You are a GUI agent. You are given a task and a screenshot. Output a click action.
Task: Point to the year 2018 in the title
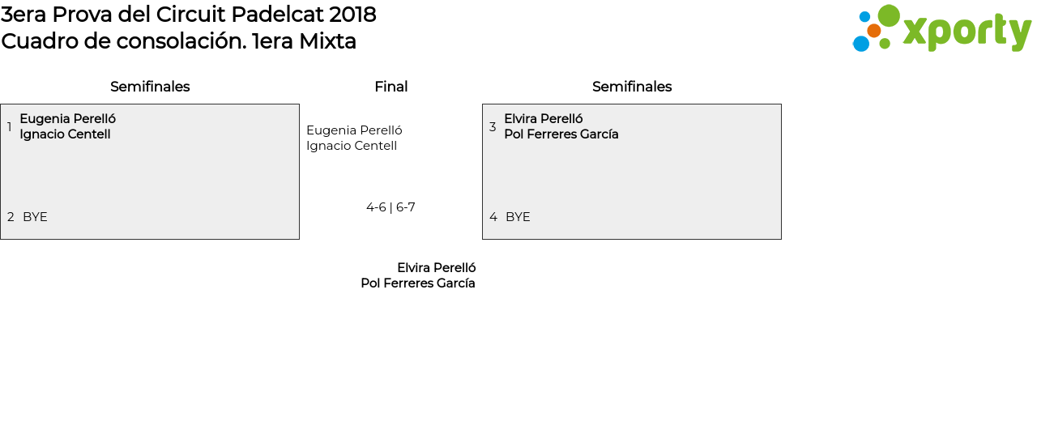click(352, 15)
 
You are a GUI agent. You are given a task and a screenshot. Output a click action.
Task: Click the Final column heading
click(390, 87)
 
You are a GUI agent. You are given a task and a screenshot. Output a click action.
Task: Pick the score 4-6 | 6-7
click(390, 207)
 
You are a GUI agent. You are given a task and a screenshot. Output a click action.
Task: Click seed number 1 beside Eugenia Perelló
click(10, 127)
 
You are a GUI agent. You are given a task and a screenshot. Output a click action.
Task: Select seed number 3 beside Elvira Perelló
click(493, 127)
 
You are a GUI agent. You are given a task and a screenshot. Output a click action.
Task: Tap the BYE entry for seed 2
click(35, 217)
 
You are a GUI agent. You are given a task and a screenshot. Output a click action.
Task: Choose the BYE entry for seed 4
click(518, 217)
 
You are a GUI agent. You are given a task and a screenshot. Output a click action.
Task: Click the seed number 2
click(11, 217)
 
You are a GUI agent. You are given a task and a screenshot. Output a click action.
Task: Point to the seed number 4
click(493, 217)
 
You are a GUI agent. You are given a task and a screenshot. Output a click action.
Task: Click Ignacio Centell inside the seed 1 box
click(65, 134)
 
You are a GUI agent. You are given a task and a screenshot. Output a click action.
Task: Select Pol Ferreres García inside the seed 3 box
click(561, 134)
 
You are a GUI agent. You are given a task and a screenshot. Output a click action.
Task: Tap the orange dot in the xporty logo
click(873, 31)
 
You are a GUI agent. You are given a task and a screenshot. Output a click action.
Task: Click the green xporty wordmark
click(967, 32)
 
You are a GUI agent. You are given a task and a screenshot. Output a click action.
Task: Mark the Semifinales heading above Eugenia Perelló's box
click(150, 87)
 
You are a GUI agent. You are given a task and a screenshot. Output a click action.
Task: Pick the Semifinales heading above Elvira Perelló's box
click(632, 87)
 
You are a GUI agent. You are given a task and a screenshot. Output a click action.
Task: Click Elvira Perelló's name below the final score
click(436, 268)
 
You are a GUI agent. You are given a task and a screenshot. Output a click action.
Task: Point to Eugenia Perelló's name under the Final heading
click(354, 130)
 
